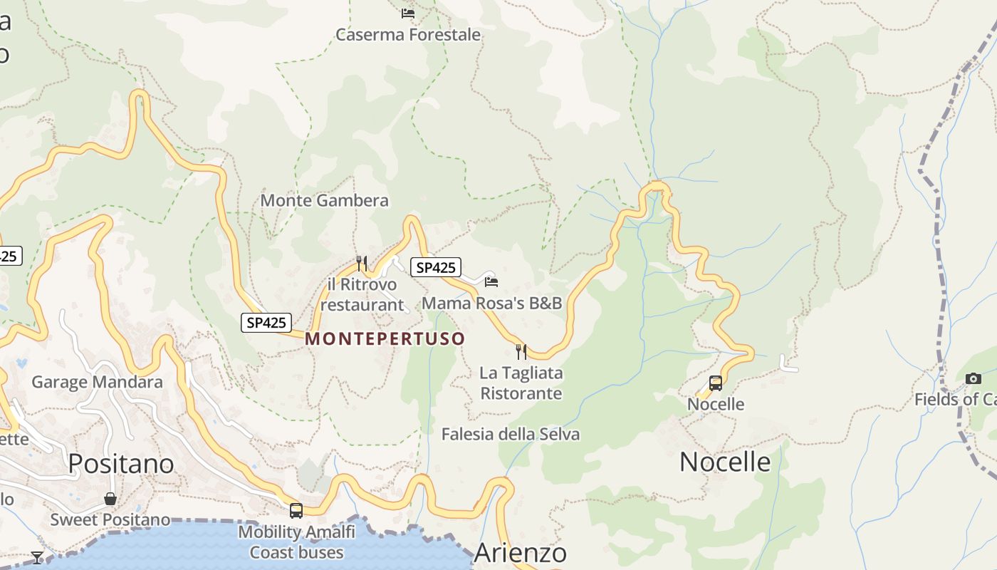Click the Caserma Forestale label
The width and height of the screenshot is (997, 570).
coord(407,34)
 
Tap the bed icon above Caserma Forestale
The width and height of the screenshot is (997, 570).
coord(408,13)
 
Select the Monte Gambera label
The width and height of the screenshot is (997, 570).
coord(324,200)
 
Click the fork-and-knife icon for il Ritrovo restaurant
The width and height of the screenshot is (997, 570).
coord(362,264)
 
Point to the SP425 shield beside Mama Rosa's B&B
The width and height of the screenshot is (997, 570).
coord(436,267)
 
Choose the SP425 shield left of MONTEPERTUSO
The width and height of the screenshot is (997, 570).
coord(266,323)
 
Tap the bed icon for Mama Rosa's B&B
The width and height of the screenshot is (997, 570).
coord(491,281)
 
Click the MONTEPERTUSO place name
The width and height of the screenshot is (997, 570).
coord(385,338)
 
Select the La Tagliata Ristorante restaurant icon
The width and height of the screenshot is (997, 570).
coord(521,351)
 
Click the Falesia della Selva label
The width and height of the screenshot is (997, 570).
coord(510,434)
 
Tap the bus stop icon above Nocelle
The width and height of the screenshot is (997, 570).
coord(716,383)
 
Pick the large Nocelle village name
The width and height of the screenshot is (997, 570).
coord(725,462)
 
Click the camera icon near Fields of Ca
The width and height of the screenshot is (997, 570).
coord(973,378)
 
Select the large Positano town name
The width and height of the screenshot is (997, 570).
coord(121,464)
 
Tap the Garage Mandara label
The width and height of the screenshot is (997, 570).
coord(97,382)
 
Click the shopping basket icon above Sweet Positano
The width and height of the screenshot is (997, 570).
coord(110,498)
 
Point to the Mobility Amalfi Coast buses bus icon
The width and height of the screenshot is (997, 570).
coord(296,510)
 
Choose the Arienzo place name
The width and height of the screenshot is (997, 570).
coord(520,553)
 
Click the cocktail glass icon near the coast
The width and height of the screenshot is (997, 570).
coord(37,557)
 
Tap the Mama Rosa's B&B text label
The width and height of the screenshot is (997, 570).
coord(491,303)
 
